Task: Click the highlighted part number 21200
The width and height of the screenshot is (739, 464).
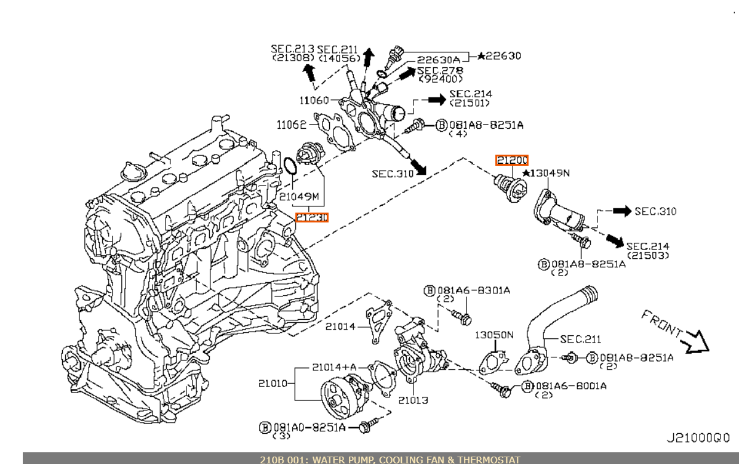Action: coord(512,160)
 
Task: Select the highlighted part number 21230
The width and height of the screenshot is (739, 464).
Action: coord(311,217)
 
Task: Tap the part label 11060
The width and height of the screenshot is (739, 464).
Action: coord(314,100)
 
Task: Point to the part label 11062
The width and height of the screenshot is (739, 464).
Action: coord(292,125)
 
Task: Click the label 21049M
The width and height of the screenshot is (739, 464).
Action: coord(299,197)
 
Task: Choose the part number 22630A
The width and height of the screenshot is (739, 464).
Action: coord(438,60)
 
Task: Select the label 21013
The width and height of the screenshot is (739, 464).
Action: coord(413,401)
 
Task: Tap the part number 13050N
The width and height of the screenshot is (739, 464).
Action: coord(493,335)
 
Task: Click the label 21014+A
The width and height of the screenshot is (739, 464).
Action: coord(334,367)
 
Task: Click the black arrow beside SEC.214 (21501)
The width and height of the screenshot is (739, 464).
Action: coord(437,99)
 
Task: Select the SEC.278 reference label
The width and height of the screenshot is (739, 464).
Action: coord(441,71)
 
